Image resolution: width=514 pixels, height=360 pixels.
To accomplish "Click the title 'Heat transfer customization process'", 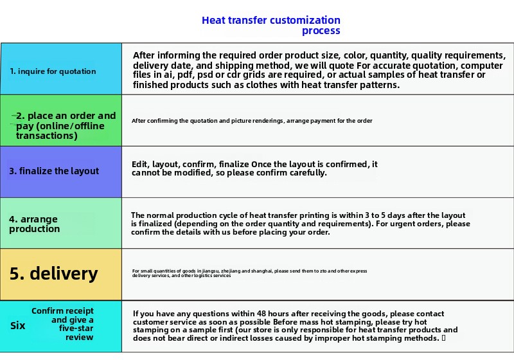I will coord(271,26).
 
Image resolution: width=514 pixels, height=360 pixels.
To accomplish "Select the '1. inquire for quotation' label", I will coord(53,71).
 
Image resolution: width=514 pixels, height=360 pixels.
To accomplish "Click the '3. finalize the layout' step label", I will coord(54,171).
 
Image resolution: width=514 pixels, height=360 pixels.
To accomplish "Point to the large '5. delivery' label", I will coord(54,274).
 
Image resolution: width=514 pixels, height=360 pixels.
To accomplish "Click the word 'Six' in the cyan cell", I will coord(18,326).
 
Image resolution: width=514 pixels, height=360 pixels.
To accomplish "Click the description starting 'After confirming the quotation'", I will coord(252,121).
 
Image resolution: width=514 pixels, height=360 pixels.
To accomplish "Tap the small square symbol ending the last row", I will coord(444,338).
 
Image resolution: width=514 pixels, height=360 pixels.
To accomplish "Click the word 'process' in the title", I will coord(321,31).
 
